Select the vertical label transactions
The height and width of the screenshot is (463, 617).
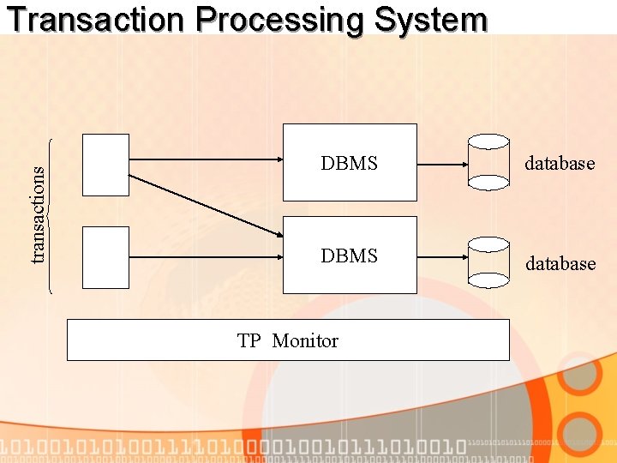click(37, 213)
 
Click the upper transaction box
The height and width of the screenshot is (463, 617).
click(105, 165)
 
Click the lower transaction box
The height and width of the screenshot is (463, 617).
click(105, 256)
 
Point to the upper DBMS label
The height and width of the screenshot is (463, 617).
click(349, 163)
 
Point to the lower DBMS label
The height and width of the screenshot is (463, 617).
click(349, 256)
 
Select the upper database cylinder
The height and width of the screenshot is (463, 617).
click(488, 163)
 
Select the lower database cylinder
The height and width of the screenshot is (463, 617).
click(488, 261)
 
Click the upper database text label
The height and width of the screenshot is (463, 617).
click(560, 163)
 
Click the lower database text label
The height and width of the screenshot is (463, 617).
click(560, 263)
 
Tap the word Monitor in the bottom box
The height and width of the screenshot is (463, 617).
click(305, 340)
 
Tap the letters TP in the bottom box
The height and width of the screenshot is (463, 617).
click(249, 340)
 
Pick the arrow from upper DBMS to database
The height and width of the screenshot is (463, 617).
click(442, 164)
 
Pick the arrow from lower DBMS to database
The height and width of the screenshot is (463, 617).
click(442, 256)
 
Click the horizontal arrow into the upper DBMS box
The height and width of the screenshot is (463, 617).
click(206, 159)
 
